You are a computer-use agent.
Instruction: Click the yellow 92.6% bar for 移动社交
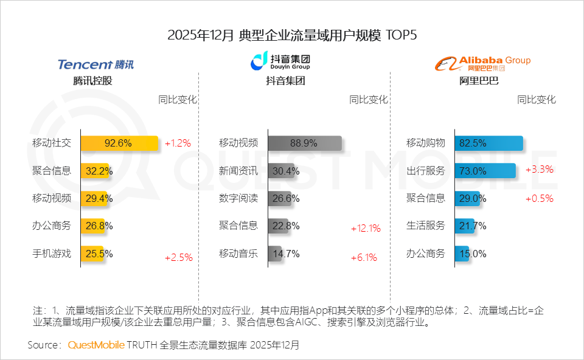pyautogui.click(x=119, y=144)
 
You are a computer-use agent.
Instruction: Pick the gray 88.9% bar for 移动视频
pyautogui.click(x=304, y=144)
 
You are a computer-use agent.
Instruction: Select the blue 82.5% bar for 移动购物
pyautogui.click(x=488, y=144)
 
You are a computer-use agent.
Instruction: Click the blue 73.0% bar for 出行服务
pyautogui.click(x=484, y=171)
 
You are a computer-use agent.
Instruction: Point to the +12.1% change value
pyautogui.click(x=366, y=229)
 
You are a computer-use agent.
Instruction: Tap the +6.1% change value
pyautogui.click(x=364, y=258)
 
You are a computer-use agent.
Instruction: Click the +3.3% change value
pyautogui.click(x=540, y=170)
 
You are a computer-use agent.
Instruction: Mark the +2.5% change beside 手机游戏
pyautogui.click(x=178, y=258)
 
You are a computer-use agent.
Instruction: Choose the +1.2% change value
pyautogui.click(x=178, y=144)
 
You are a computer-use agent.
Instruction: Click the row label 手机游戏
pyautogui.click(x=52, y=254)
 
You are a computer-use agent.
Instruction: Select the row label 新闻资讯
pyautogui.click(x=238, y=171)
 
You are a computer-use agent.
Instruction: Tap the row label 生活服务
pyautogui.click(x=426, y=226)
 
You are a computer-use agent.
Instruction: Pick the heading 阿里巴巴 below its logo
pyautogui.click(x=479, y=80)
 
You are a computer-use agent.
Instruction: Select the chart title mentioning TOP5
pyautogui.click(x=292, y=35)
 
